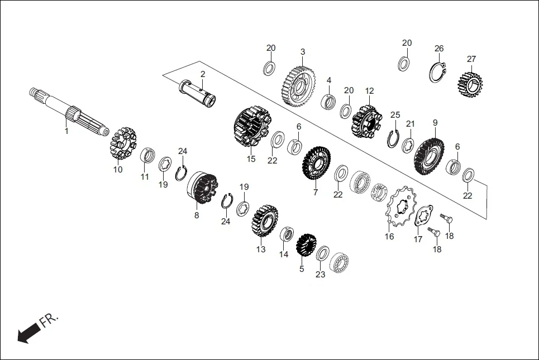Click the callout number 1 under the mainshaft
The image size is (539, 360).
click(x=66, y=131)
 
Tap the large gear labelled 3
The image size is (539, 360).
click(x=298, y=87)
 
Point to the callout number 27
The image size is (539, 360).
click(x=471, y=59)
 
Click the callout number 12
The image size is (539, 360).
click(x=370, y=90)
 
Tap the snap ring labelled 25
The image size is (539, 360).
click(x=393, y=137)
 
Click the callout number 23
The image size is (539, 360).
click(x=320, y=275)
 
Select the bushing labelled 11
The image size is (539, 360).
click(x=147, y=154)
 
